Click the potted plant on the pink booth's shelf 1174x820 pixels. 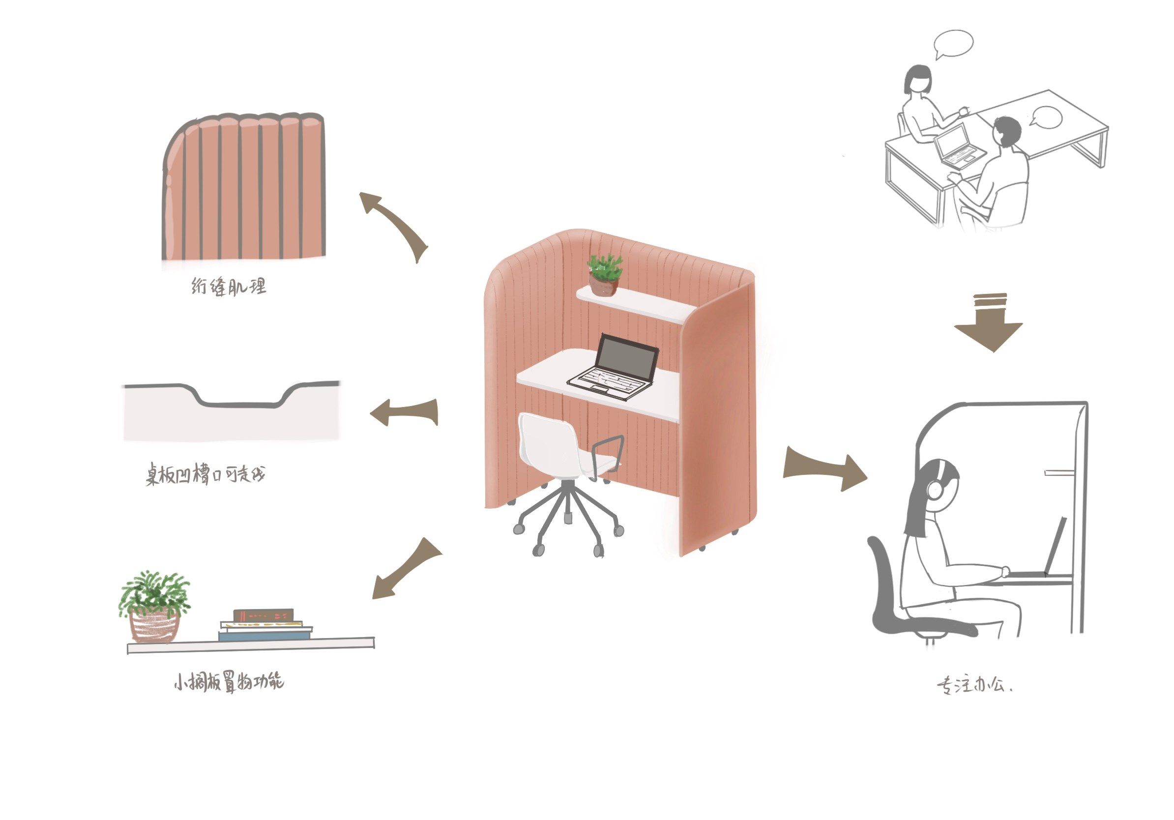tap(604, 276)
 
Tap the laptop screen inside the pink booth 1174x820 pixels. tap(627, 359)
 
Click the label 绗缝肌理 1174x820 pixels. tap(229, 287)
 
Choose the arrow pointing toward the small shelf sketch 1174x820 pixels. tap(405, 569)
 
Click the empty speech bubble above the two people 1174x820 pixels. tap(953, 43)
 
